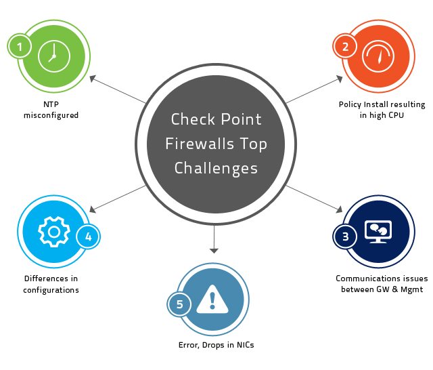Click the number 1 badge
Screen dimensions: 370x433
[20, 47]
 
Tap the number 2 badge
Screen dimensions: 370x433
[345, 47]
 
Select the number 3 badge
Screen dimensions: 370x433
[345, 237]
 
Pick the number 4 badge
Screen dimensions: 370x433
[88, 237]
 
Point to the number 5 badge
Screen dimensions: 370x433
[179, 304]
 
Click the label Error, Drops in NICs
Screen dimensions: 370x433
[212, 345]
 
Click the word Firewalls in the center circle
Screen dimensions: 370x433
[216, 144]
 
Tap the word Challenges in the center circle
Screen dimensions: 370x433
[216, 167]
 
